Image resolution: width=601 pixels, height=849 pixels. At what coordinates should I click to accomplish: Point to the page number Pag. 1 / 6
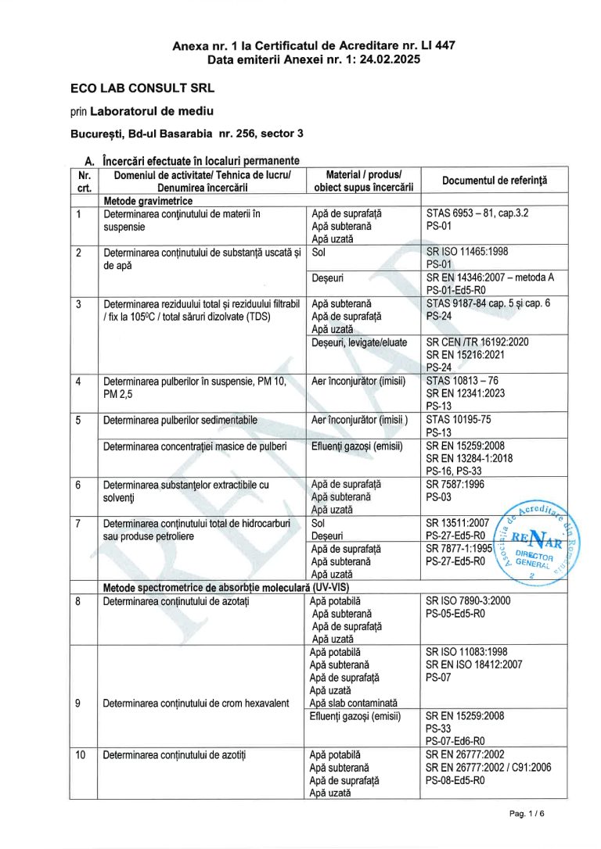click(x=526, y=814)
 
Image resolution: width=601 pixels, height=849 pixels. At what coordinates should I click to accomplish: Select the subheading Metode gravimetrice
click(x=149, y=201)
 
